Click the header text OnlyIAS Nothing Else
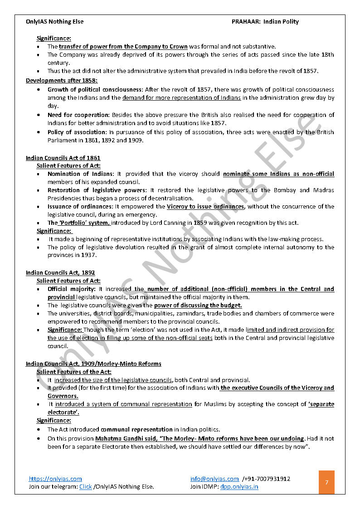point(55,21)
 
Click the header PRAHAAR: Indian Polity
point(265,21)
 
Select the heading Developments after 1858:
point(62,80)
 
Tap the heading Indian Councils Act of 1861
point(63,158)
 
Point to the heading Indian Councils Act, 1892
point(60,273)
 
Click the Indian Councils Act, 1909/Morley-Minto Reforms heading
point(93,364)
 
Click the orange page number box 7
point(326,482)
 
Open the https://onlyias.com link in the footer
point(55,479)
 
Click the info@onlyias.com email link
point(214,479)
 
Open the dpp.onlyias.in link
point(239,487)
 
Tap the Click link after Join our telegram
point(85,487)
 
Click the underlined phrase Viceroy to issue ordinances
point(205,207)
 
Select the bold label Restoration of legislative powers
point(97,190)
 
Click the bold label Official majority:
point(72,289)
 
